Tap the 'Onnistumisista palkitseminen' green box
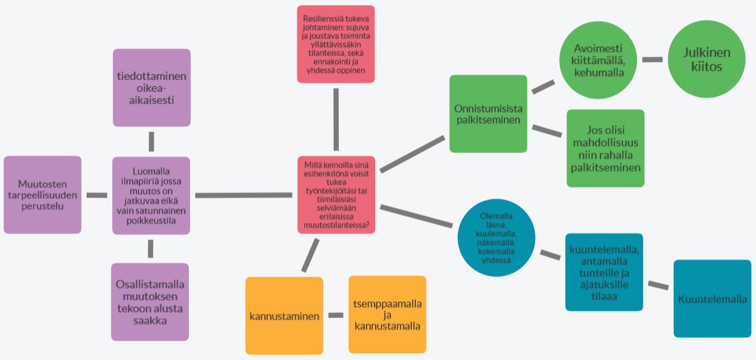(x=488, y=114)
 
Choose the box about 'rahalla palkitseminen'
(x=605, y=149)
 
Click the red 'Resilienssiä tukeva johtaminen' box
(x=336, y=44)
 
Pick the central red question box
(x=336, y=194)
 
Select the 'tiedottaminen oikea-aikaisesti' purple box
(x=151, y=88)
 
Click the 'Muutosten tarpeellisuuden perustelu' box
(x=43, y=194)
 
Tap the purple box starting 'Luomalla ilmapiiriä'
(x=151, y=195)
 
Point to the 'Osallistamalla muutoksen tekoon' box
(x=150, y=302)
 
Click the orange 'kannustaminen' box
(x=284, y=315)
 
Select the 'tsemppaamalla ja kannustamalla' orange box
(x=387, y=314)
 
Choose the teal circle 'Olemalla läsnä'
(x=496, y=238)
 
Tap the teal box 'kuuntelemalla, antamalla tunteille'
(x=604, y=272)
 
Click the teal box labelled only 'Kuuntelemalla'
(x=712, y=299)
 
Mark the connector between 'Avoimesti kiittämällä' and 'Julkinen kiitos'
(x=652, y=60)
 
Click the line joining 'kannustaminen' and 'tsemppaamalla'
(x=336, y=315)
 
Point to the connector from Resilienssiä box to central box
(x=336, y=119)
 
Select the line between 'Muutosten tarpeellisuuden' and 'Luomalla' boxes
(x=97, y=195)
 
